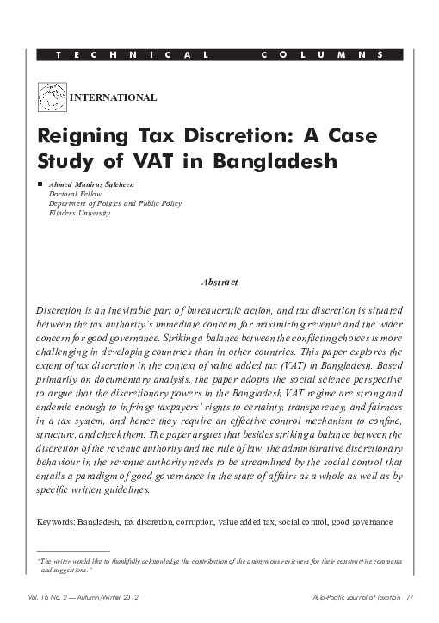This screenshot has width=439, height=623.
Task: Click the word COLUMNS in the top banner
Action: (x=320, y=55)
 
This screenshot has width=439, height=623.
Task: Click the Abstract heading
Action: (x=218, y=283)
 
